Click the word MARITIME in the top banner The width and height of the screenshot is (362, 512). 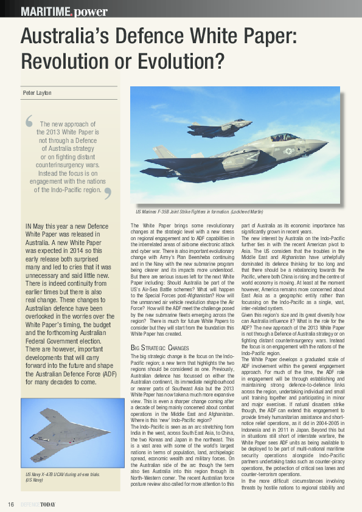[x=44, y=11]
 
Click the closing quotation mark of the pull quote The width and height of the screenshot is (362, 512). [x=108, y=193]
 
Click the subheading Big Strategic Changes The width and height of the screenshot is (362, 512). [x=161, y=347]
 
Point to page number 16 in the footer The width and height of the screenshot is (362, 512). [x=11, y=504]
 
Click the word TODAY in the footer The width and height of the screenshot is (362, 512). [x=46, y=504]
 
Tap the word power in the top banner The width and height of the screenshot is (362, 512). [x=91, y=12]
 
